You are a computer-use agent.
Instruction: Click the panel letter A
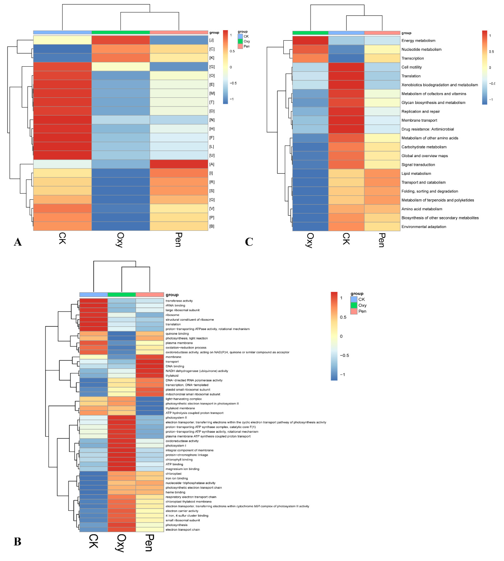(18, 242)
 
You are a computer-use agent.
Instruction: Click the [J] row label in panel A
(212, 40)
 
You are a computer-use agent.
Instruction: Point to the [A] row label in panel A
(212, 164)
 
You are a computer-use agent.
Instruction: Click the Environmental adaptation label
(424, 227)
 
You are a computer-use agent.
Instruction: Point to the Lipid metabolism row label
(416, 173)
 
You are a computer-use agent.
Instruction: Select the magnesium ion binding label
(182, 469)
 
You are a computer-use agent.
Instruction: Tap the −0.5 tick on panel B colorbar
(344, 355)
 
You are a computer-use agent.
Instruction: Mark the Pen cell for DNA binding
(150, 366)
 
